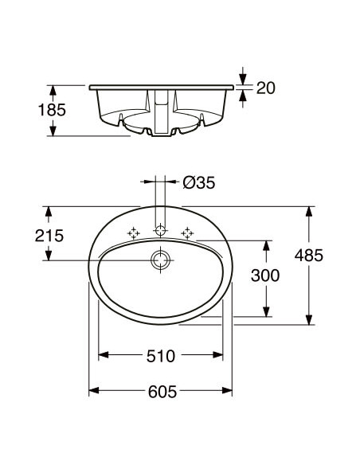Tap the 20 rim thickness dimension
click(265, 88)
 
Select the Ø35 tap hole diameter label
click(198, 182)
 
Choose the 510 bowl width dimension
click(160, 357)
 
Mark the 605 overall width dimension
click(160, 392)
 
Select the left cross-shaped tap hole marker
click(134, 232)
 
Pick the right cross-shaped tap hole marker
click(188, 232)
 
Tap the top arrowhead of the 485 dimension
click(308, 211)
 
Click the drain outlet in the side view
click(161, 127)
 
